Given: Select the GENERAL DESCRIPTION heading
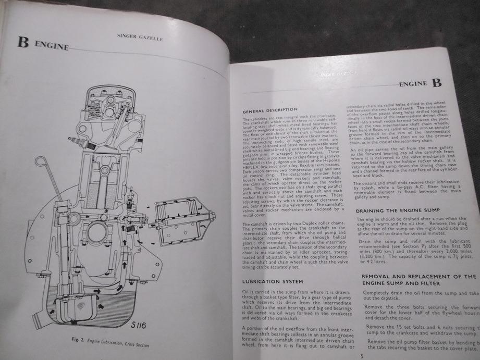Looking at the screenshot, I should click(270, 110).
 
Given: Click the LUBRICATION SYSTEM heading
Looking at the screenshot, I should click(269, 281).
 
